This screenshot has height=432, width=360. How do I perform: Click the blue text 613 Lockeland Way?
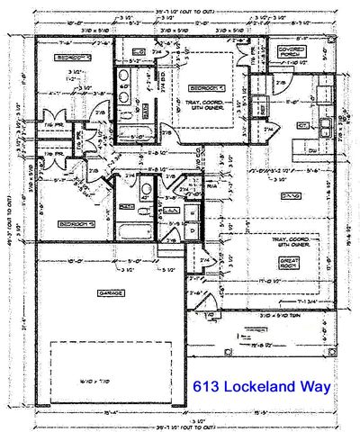[x=261, y=387]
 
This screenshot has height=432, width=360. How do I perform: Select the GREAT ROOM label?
[x=284, y=265]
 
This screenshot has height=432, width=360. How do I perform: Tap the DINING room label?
[x=288, y=193]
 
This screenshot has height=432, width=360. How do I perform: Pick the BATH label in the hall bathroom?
[x=127, y=206]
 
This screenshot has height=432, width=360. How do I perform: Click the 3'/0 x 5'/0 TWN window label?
[x=286, y=315]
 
